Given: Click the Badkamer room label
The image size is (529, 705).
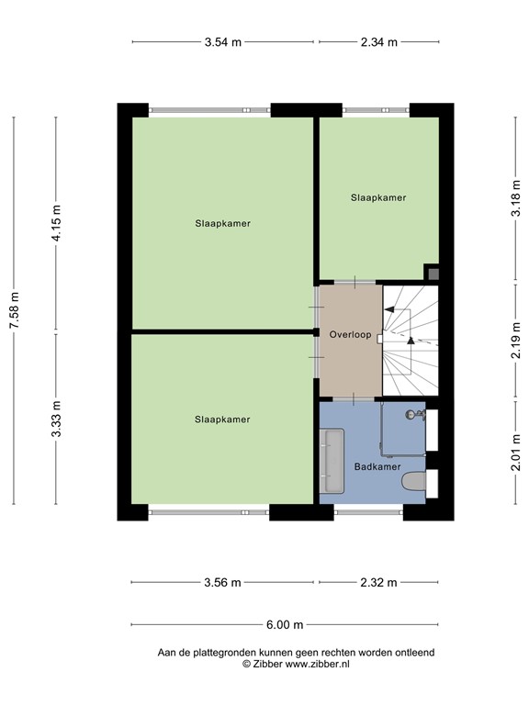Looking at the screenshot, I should point(377,467).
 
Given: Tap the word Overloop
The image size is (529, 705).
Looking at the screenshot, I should point(350,335).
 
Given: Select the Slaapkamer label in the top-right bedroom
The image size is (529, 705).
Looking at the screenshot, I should point(377,197).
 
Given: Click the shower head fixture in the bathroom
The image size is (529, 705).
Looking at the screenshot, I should point(419,415).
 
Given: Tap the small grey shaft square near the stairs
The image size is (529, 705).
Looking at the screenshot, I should point(432,273).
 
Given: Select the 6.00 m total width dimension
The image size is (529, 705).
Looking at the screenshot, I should point(285,625).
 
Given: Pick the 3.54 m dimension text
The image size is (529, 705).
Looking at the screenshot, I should point(223,41).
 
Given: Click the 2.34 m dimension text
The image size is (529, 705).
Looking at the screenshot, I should point(378,41).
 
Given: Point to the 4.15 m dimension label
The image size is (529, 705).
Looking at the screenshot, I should point(56,223).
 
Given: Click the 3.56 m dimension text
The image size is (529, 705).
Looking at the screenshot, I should point(223,582).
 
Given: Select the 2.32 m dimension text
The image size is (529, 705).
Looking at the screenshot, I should point(378,582).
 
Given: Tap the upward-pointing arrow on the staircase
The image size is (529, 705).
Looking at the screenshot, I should point(411,339).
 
